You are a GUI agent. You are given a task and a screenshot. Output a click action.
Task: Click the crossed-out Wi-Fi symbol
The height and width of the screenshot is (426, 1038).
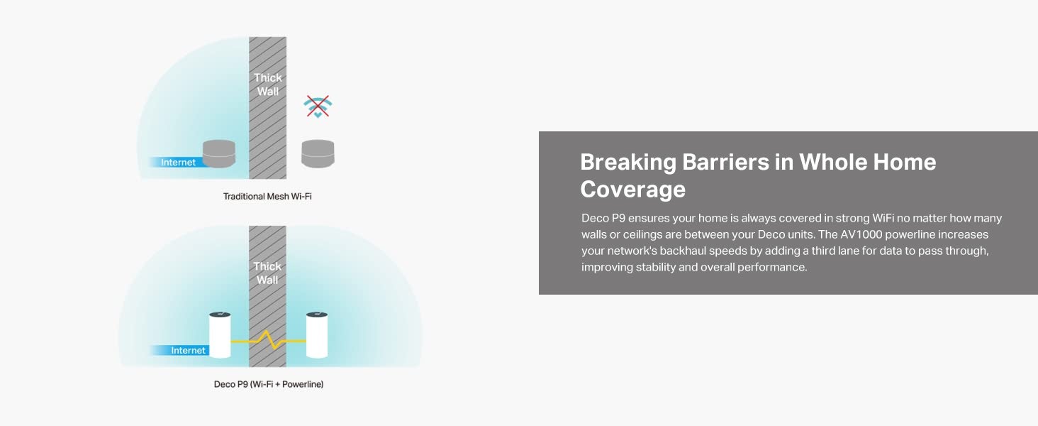click(x=318, y=106)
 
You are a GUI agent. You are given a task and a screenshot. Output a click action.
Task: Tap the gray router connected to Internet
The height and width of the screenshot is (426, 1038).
click(x=219, y=153)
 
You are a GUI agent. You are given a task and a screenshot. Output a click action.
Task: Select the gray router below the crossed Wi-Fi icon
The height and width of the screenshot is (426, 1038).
click(x=318, y=153)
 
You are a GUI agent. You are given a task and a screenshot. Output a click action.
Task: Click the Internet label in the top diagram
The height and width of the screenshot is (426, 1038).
click(x=178, y=163)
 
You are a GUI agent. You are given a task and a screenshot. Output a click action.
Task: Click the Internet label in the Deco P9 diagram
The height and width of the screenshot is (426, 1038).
click(x=188, y=350)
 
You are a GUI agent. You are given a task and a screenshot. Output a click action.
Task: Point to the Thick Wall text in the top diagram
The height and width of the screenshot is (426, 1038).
click(x=268, y=84)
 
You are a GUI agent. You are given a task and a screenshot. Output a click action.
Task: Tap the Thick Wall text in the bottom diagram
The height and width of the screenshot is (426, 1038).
click(x=267, y=273)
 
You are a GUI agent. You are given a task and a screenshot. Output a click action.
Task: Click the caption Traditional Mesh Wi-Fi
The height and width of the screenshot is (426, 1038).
click(x=267, y=196)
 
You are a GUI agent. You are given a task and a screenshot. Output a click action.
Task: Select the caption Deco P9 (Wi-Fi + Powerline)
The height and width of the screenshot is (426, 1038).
click(x=268, y=384)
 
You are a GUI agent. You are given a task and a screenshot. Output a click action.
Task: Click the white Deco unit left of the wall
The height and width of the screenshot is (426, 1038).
click(x=220, y=335)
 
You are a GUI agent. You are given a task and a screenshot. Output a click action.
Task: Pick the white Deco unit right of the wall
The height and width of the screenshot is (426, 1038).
click(x=317, y=335)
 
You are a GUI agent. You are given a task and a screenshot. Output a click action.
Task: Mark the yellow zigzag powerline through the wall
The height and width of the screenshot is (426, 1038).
click(x=268, y=340)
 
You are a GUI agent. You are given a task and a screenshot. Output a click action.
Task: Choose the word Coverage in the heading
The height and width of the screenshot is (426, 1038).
click(x=633, y=190)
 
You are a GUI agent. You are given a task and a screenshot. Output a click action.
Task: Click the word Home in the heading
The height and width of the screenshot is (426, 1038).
click(x=905, y=162)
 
